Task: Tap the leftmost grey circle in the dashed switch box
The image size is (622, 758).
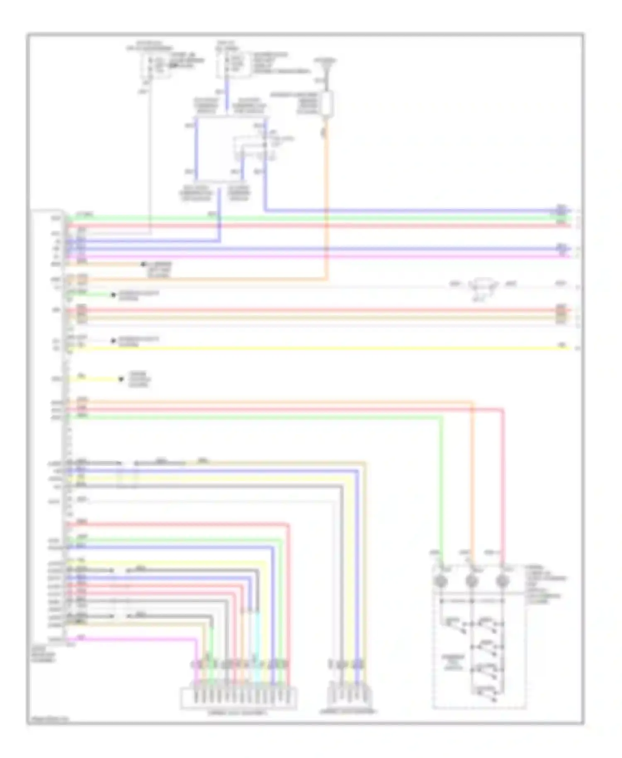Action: (x=440, y=581)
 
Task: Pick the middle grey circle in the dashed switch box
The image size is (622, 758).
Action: (x=471, y=581)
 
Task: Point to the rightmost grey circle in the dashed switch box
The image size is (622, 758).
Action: (x=502, y=581)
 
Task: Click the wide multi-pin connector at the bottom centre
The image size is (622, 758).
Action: (x=238, y=698)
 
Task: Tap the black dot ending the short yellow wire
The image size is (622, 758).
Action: (x=121, y=379)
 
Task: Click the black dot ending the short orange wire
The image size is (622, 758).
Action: (x=143, y=264)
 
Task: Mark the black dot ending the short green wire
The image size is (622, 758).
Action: (x=113, y=295)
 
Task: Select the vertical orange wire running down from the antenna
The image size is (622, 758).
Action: (x=327, y=207)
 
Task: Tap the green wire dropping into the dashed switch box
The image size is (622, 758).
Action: (x=441, y=489)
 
